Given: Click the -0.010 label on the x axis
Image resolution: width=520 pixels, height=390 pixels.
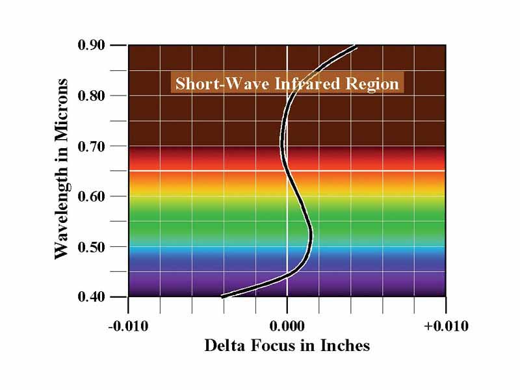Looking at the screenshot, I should pos(129,326).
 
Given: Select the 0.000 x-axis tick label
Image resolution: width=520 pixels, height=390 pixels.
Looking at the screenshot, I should pos(287,326).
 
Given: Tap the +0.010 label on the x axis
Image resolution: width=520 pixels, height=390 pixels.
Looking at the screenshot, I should pos(446,326).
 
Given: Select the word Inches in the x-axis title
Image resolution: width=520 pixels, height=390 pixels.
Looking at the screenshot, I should pos(344,345).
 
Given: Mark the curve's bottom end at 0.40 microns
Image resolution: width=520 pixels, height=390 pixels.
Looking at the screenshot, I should pos(224,296).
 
